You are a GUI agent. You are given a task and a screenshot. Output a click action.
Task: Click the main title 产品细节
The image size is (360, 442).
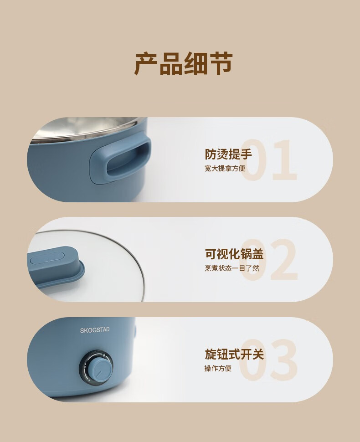(184, 64)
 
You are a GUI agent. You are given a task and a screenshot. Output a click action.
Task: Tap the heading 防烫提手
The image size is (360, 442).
(228, 154)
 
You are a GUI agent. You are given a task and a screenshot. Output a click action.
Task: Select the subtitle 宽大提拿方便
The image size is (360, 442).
(225, 169)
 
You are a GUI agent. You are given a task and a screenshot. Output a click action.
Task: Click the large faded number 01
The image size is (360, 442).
(269, 160)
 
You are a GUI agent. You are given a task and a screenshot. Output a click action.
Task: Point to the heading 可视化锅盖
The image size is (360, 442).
(234, 254)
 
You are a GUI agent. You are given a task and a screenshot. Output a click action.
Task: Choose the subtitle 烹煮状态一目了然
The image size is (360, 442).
(232, 268)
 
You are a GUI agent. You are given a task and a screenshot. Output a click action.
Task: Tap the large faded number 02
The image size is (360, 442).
(269, 260)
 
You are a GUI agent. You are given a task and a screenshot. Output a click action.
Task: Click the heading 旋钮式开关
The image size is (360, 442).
(234, 354)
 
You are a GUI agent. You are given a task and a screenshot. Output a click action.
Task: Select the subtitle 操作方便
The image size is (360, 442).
(218, 368)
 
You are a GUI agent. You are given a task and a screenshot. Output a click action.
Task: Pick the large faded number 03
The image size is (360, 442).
(269, 360)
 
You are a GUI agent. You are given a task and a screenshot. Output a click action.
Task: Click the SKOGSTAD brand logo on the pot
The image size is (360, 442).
(95, 330)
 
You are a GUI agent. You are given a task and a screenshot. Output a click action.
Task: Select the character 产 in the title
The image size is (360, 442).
(146, 64)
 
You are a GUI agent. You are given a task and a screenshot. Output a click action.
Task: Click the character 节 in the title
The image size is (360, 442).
(221, 64)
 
